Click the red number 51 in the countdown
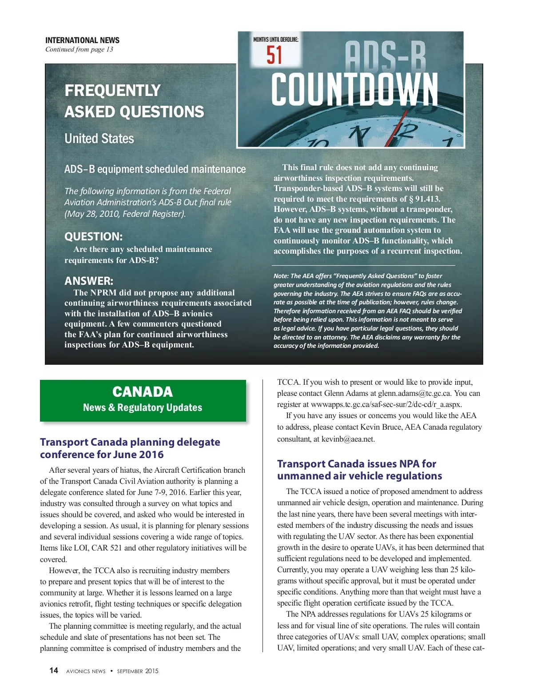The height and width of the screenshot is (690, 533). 274,56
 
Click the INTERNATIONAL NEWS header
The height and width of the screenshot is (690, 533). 82,40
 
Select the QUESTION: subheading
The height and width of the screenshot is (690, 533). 93,236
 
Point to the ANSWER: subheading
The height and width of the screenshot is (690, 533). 89,281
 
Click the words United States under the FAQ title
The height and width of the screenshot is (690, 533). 99,139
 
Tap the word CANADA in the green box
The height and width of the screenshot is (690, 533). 143,392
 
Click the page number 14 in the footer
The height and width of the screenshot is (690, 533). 54,670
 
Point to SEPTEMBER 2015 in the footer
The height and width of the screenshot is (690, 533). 138,671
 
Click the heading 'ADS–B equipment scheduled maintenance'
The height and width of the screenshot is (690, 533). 155,169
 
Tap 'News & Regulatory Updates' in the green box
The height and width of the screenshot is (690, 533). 143,407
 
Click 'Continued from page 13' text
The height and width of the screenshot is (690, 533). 79,49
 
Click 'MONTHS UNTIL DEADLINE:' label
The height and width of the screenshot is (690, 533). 276,40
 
